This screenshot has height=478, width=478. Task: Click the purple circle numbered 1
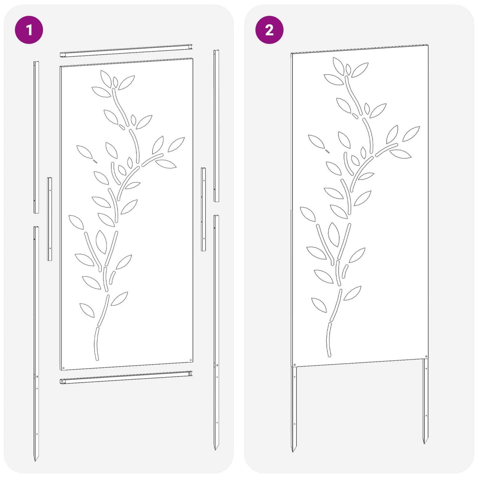point(29,30)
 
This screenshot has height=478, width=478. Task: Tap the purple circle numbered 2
point(269,30)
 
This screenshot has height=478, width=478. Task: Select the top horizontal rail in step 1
point(126,51)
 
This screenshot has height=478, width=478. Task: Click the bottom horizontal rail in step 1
point(126,377)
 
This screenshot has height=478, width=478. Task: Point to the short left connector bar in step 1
point(50,219)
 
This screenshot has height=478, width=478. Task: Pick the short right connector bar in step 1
point(203,209)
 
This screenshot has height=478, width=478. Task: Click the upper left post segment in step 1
point(36,137)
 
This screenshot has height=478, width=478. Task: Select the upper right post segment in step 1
point(216,126)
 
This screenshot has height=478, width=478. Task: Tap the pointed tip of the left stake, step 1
point(36,460)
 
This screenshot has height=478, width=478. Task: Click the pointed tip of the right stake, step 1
point(216,450)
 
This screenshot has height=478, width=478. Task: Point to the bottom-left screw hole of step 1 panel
point(63,368)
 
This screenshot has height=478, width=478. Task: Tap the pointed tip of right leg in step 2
point(425,443)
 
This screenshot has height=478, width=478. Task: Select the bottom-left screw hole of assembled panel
point(294,365)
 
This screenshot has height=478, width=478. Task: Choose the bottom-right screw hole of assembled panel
point(426,357)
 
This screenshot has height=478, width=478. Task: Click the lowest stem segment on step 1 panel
point(96,344)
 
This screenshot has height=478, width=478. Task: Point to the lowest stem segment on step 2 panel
point(329,340)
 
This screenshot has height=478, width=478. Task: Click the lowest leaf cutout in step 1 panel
point(87,310)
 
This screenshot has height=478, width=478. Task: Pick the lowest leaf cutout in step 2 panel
point(319,305)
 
